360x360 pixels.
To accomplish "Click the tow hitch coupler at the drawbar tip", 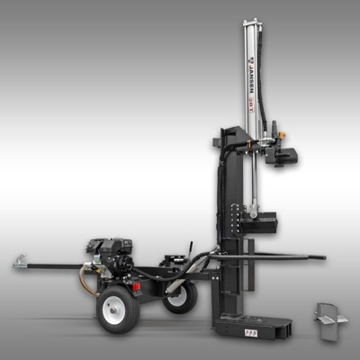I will (x=19, y=264).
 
